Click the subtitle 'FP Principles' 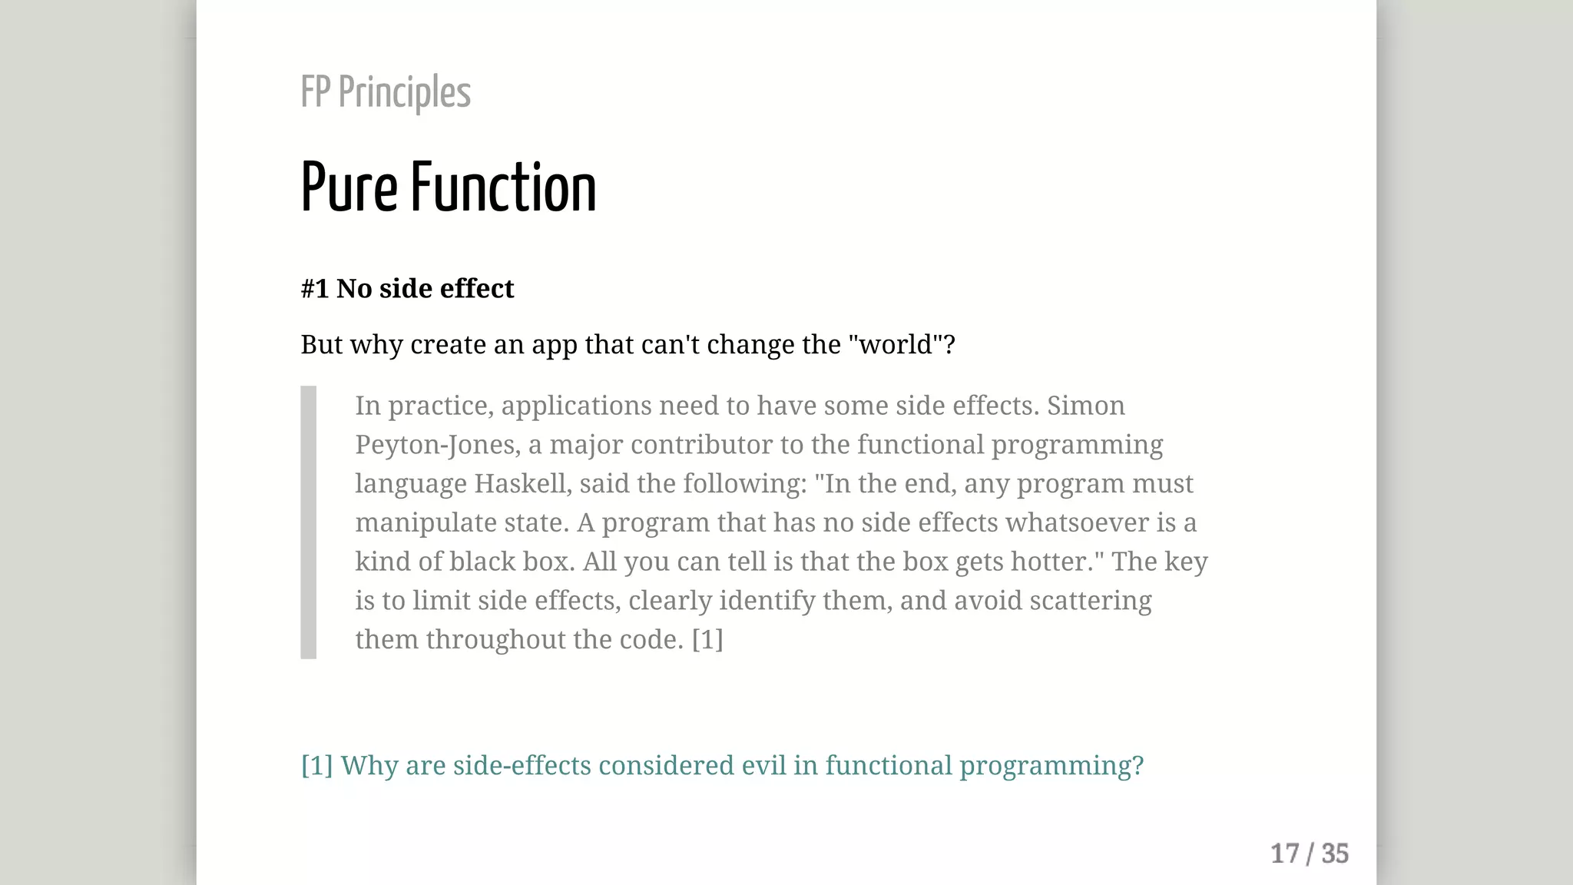(x=386, y=93)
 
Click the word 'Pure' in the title (x=349, y=188)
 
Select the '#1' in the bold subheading (x=315, y=289)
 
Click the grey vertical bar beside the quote (x=309, y=522)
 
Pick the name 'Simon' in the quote (x=1085, y=406)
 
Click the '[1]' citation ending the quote (x=707, y=640)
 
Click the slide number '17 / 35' (x=1310, y=854)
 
